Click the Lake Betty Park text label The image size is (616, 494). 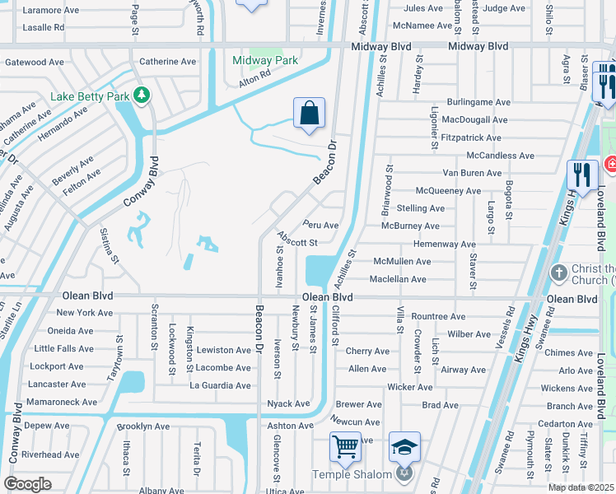click(x=90, y=96)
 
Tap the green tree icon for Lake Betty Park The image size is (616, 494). click(x=141, y=95)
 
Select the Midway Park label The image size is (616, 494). click(x=264, y=61)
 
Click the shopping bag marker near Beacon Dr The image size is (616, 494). click(x=309, y=113)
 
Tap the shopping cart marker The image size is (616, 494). click(x=345, y=447)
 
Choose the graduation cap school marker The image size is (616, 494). click(x=404, y=447)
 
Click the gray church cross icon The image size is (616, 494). click(x=558, y=271)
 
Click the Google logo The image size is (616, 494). click(x=27, y=484)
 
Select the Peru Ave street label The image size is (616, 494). click(x=320, y=225)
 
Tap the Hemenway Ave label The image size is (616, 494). click(x=445, y=245)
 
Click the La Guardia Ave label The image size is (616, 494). click(x=220, y=385)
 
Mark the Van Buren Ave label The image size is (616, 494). click(x=471, y=173)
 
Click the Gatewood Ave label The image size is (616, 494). click(x=35, y=62)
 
